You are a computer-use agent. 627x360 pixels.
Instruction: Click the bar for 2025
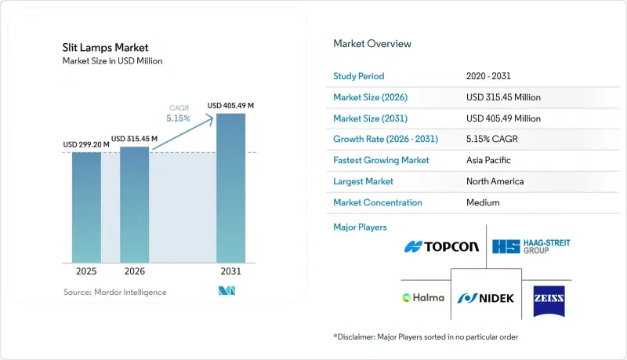click(x=86, y=208)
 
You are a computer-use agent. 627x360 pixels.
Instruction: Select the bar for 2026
click(x=134, y=205)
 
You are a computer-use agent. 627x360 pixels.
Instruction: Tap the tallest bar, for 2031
click(x=230, y=188)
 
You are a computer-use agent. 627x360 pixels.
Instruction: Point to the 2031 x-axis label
click(x=230, y=271)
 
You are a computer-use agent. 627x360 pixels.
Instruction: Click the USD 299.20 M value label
click(x=86, y=144)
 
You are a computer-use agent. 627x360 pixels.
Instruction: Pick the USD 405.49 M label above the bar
click(x=230, y=106)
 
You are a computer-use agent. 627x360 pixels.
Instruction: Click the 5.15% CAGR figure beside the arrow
click(x=179, y=118)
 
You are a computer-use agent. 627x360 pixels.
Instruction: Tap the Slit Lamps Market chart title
click(x=105, y=48)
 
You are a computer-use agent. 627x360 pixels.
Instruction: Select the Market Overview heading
click(x=372, y=44)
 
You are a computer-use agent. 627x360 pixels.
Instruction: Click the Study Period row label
click(x=359, y=76)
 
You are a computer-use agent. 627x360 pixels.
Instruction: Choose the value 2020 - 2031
click(x=488, y=76)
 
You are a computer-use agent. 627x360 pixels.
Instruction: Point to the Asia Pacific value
click(x=488, y=160)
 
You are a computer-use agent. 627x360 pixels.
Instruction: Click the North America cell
click(x=495, y=181)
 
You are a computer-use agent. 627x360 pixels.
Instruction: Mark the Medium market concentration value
click(x=483, y=202)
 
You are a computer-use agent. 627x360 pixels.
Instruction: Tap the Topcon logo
click(x=441, y=247)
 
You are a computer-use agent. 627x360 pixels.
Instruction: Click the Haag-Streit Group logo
click(x=531, y=246)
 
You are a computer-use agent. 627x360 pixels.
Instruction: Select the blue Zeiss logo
click(x=549, y=301)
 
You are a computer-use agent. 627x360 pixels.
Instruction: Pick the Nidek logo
click(x=486, y=298)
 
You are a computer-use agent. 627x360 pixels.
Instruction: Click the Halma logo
click(x=423, y=297)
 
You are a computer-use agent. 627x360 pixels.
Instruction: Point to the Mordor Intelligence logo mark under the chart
click(x=227, y=291)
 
